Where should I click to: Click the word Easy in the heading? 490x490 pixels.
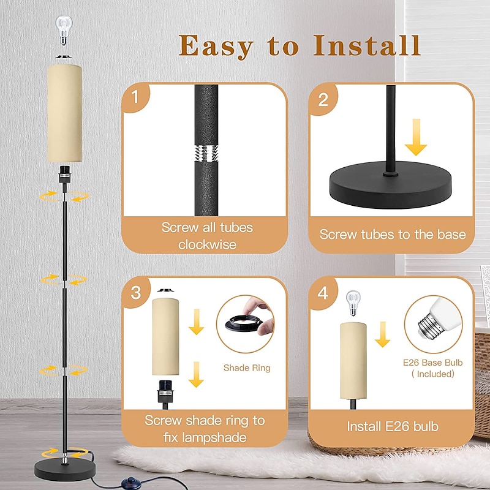tap(216, 47)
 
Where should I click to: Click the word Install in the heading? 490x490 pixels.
tap(366, 45)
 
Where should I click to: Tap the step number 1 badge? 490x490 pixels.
tap(135, 97)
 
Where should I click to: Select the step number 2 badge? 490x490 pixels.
tap(323, 99)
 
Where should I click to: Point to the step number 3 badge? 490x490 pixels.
tap(135, 293)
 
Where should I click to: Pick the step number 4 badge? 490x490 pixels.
tap(323, 293)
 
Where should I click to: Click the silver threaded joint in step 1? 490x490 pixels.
tap(206, 153)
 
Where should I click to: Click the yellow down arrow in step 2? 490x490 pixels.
tap(416, 137)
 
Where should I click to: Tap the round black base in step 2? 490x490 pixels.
tap(391, 185)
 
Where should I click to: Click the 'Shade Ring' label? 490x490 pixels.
tap(247, 368)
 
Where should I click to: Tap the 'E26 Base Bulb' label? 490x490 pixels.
tap(432, 363)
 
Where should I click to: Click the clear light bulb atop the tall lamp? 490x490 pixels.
tap(64, 30)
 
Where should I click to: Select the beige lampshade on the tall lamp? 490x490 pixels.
tap(65, 113)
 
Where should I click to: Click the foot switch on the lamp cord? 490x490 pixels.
tap(128, 481)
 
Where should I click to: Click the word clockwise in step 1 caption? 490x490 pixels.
tap(207, 244)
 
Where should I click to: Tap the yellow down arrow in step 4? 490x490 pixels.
tap(382, 334)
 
